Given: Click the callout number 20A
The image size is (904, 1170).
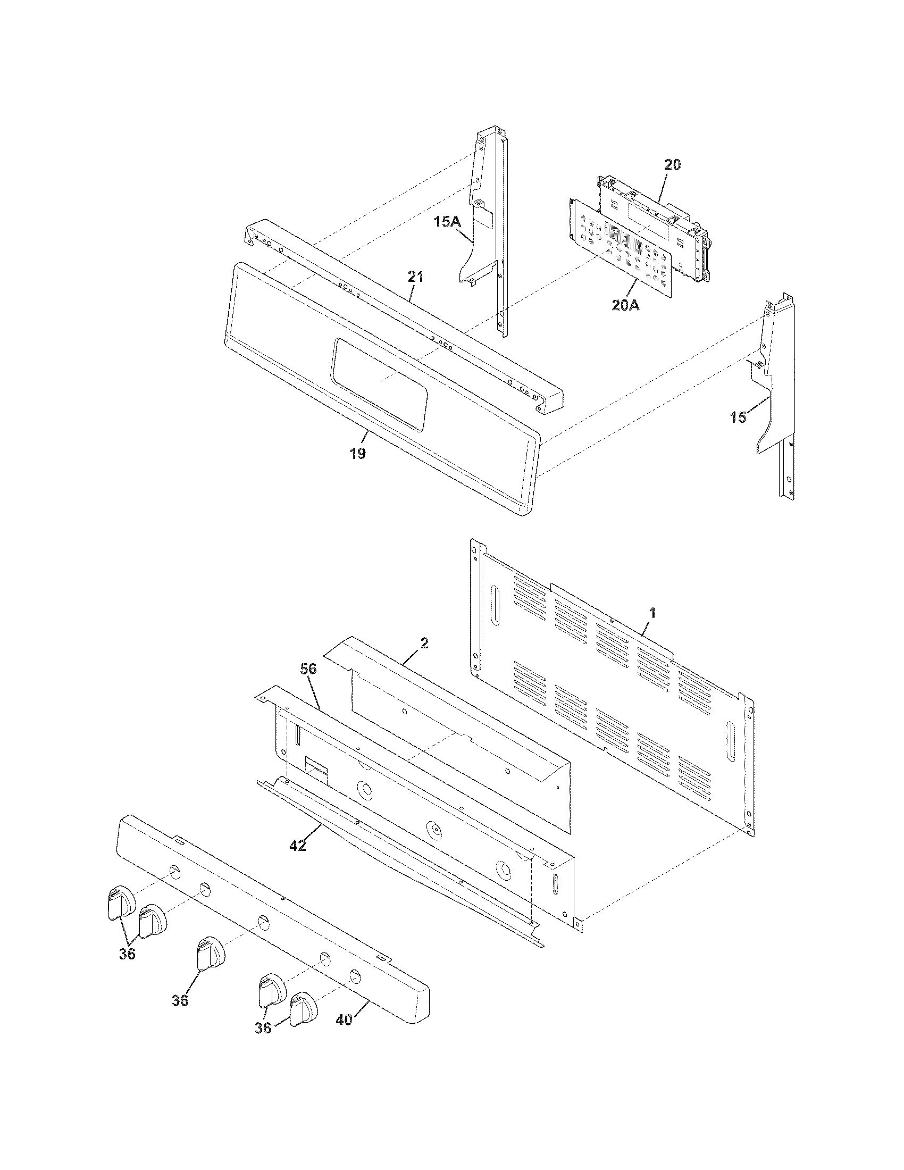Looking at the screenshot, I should (626, 306).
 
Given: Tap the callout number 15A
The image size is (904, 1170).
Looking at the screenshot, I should (448, 221).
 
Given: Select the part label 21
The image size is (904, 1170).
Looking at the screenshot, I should (416, 277).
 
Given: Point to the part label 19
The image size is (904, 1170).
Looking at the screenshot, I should (358, 454).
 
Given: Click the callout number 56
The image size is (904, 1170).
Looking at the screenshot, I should (308, 669).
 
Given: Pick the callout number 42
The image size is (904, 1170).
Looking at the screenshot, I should (298, 846).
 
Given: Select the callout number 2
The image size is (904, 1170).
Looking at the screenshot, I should (424, 643).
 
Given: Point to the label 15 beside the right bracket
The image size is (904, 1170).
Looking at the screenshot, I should (738, 417).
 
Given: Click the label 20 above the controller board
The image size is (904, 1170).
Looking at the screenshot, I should (673, 165).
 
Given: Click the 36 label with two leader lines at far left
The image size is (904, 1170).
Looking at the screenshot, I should (127, 954).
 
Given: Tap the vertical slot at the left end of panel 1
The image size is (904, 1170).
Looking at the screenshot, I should (495, 605).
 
